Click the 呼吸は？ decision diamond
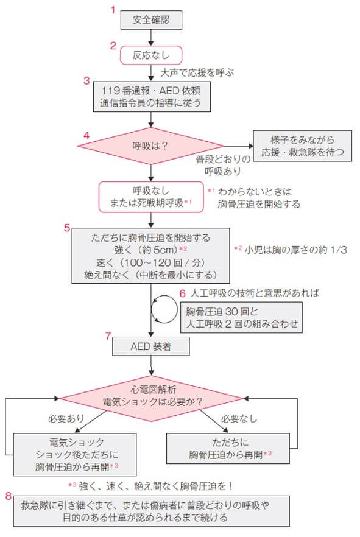150,146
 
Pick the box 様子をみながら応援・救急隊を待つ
303,146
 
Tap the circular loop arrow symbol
164,310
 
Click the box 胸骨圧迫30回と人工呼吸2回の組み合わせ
242,318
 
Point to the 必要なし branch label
239,419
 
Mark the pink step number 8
8,496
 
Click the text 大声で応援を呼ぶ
196,72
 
